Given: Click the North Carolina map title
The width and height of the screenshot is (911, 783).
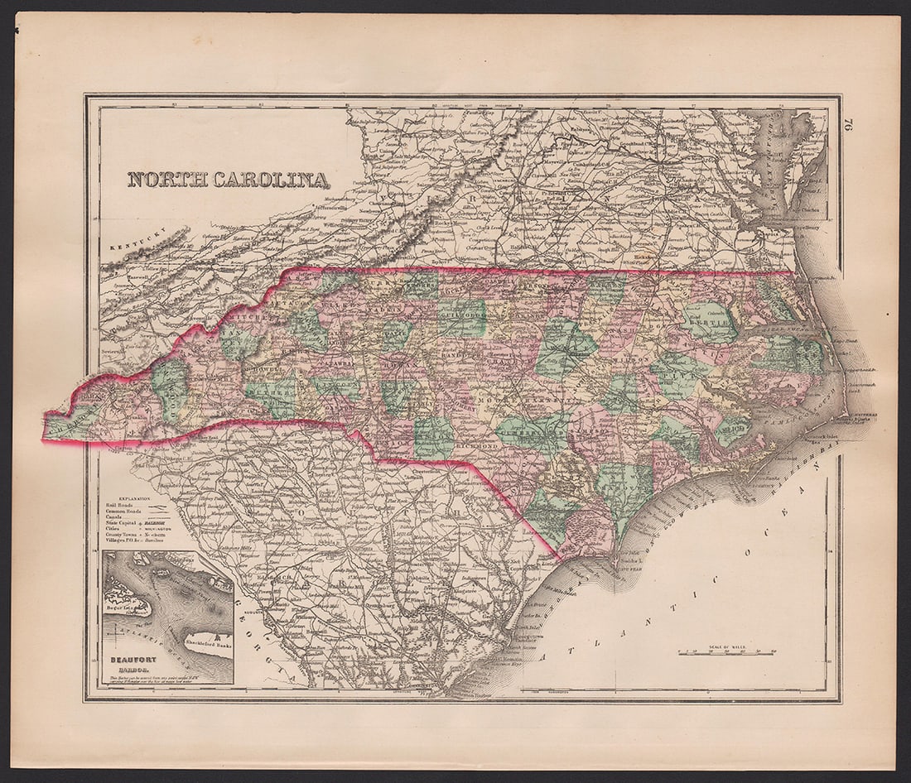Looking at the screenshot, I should coord(228,179).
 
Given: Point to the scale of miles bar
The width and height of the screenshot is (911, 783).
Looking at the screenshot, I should coord(726,652).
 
